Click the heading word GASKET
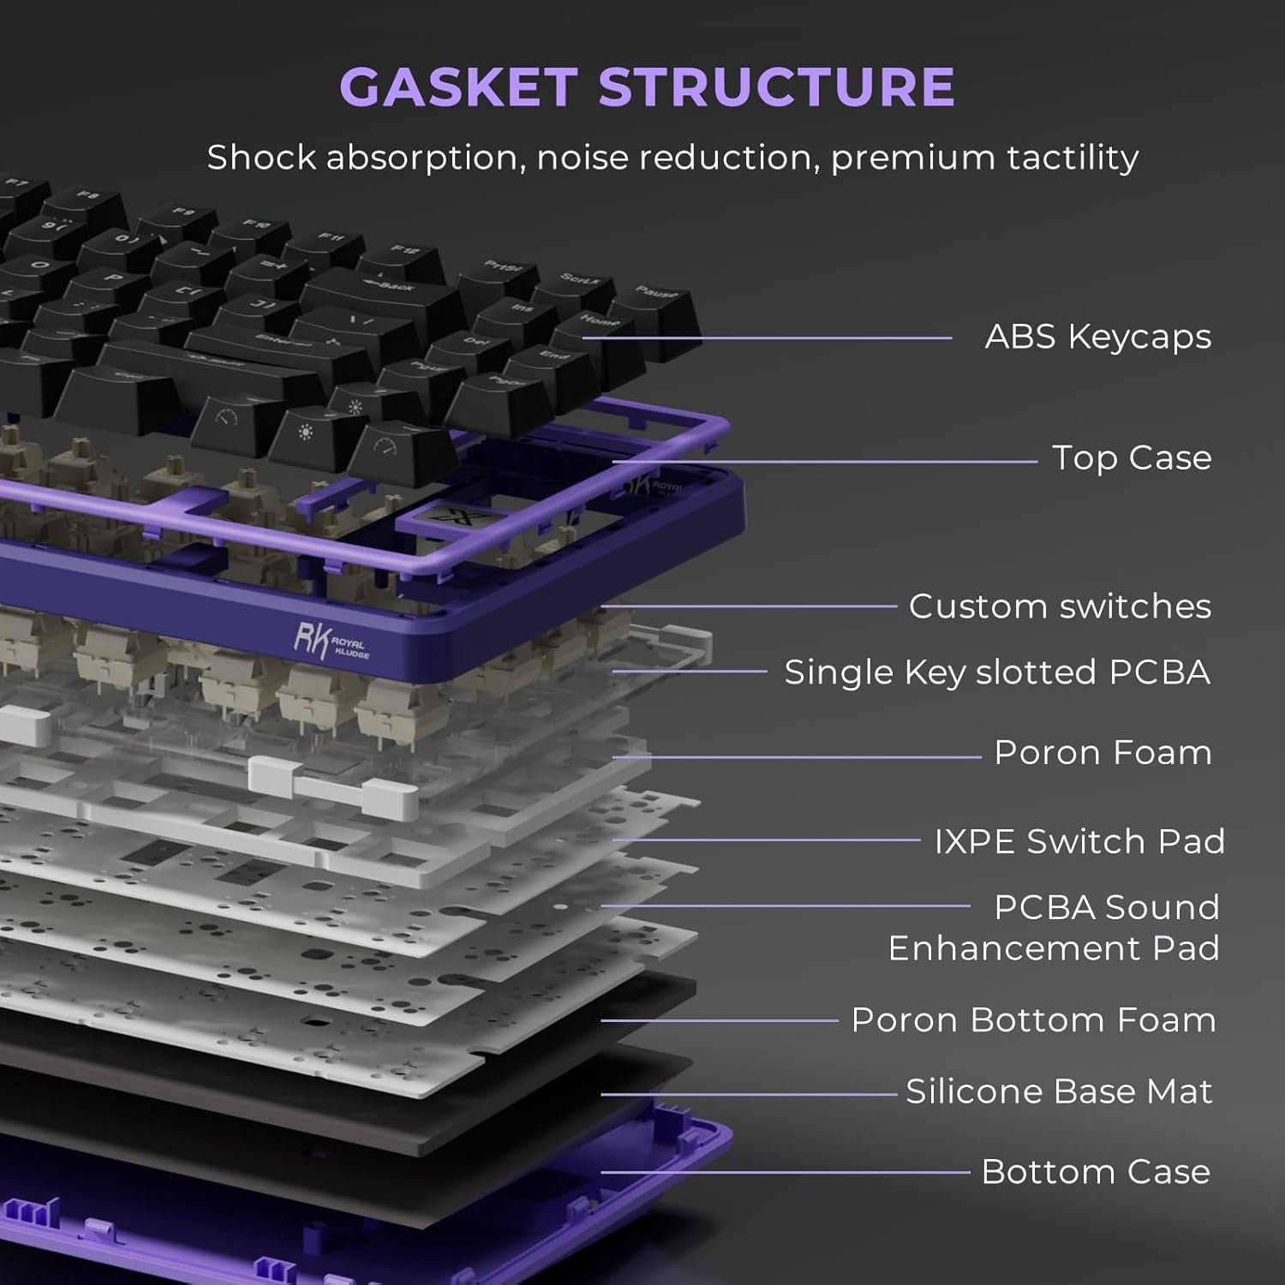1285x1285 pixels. [458, 87]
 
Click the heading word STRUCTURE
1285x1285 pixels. [776, 87]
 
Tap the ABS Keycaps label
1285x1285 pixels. [1097, 337]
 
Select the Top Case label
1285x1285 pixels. [1131, 457]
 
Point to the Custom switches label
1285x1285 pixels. [1060, 606]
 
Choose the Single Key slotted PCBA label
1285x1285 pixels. [997, 672]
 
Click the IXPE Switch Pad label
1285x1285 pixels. [1079, 840]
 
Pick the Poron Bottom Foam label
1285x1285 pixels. [1033, 1019]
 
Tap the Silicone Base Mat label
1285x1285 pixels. [1059, 1091]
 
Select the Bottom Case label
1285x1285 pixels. [1096, 1171]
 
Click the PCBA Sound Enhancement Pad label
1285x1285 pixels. [1054, 928]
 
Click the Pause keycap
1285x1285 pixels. [656, 301]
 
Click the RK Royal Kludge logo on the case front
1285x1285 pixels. [330, 641]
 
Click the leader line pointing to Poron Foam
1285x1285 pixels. [797, 757]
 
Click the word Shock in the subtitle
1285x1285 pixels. [261, 158]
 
